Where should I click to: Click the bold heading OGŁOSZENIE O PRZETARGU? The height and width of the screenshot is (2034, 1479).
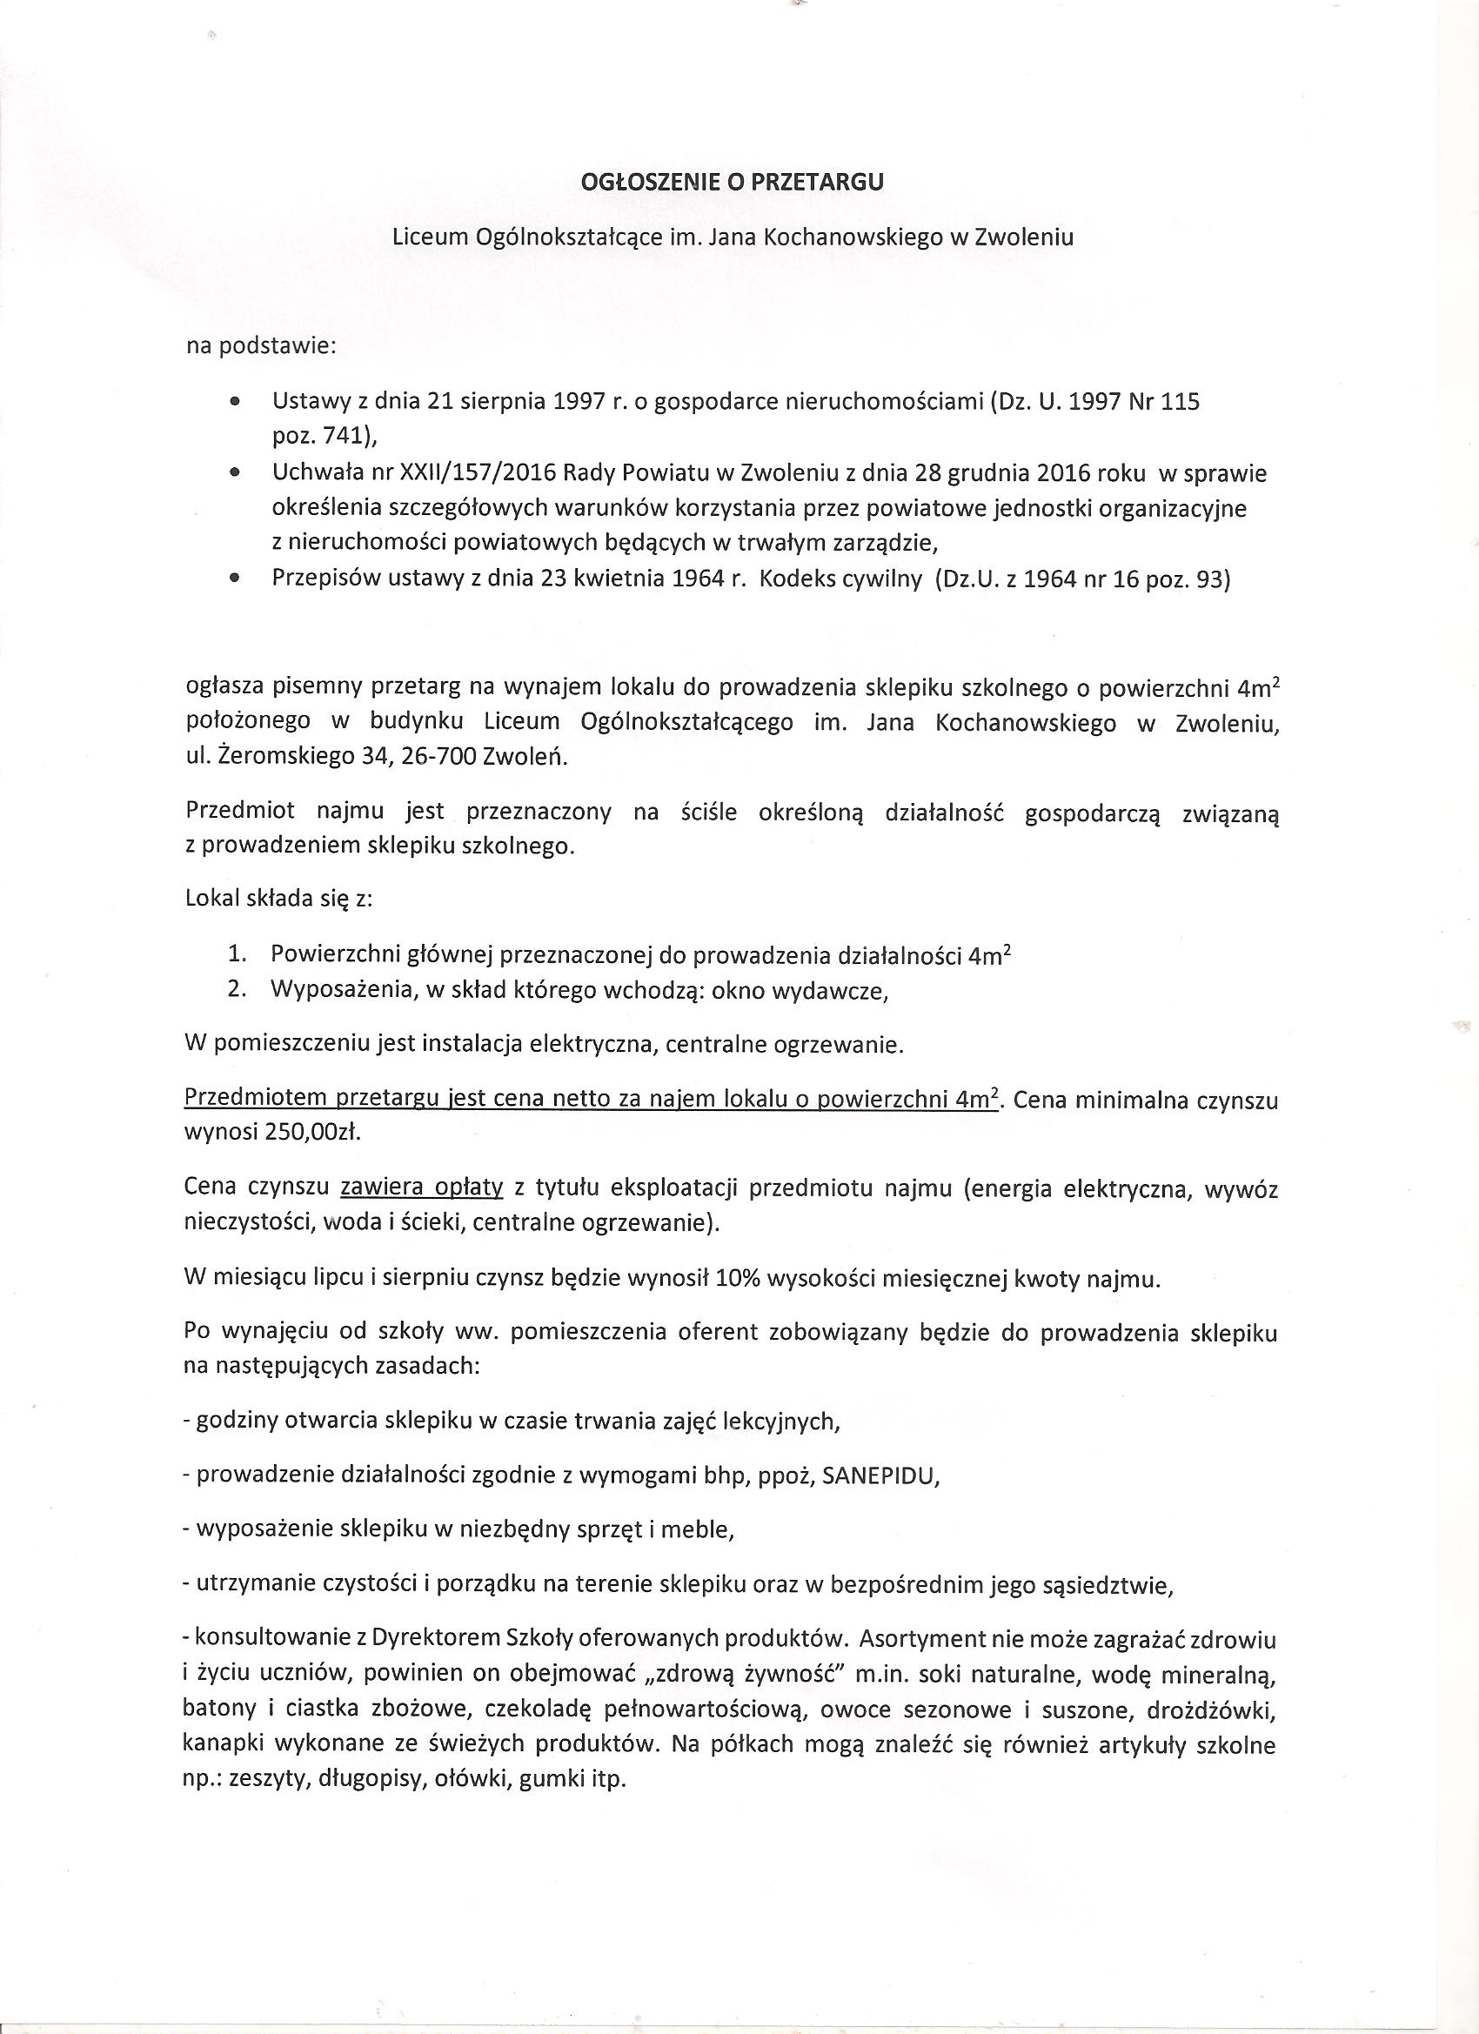click(732, 182)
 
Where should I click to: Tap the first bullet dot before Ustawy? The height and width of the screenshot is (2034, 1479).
click(235, 403)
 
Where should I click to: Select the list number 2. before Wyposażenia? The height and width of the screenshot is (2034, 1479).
click(237, 989)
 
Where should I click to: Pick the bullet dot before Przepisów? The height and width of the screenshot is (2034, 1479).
click(235, 579)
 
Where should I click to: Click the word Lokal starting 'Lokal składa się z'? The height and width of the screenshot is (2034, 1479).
click(208, 899)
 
